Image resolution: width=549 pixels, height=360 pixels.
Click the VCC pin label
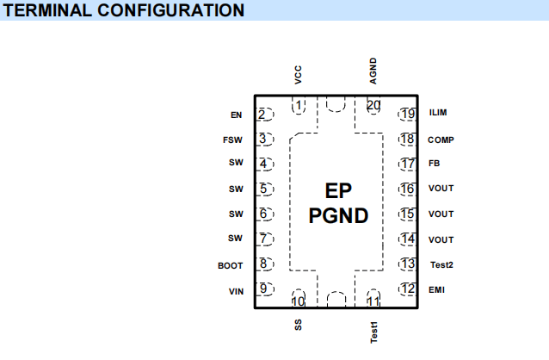click(298, 75)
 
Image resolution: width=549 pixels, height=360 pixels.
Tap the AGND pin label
click(373, 71)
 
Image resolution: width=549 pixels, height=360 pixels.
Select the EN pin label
click(237, 115)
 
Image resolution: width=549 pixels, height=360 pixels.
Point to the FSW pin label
click(232, 140)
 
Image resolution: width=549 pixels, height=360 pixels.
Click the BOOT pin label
click(231, 266)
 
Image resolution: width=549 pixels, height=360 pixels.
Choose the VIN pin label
click(236, 292)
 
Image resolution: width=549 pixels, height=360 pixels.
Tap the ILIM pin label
click(438, 113)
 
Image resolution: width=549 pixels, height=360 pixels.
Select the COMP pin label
click(441, 140)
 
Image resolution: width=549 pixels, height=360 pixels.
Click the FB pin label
click(435, 164)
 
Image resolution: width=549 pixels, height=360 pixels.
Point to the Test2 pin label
click(441, 264)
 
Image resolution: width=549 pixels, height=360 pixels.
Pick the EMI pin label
click(436, 290)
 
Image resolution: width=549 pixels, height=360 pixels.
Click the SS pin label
click(298, 325)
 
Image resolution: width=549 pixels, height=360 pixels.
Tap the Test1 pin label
click(374, 332)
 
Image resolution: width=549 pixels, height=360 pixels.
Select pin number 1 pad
click(299, 105)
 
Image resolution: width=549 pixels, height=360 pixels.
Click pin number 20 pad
click(373, 105)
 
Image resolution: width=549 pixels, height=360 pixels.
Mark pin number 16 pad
click(407, 189)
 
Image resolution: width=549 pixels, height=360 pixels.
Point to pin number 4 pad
click(265, 164)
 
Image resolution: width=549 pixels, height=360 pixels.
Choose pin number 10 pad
click(299, 298)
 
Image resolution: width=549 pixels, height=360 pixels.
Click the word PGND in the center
click(338, 215)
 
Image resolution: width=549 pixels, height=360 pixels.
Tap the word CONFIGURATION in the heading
click(171, 10)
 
